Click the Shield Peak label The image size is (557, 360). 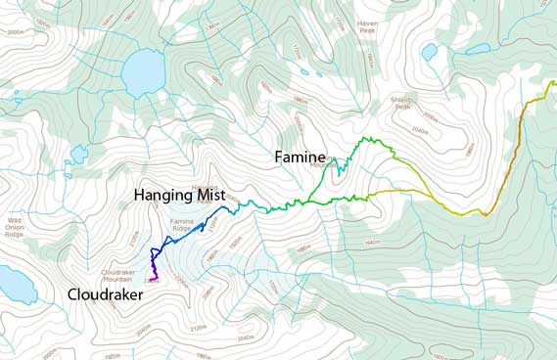tap(402, 103)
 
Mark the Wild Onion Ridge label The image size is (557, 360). tap(14, 227)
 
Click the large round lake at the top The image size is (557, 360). tap(143, 70)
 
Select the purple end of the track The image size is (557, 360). tap(153, 279)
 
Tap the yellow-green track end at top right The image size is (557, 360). tap(550, 83)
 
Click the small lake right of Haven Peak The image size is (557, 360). tap(429, 52)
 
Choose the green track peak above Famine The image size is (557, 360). tap(370, 140)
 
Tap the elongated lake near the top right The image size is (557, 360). tap(479, 47)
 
